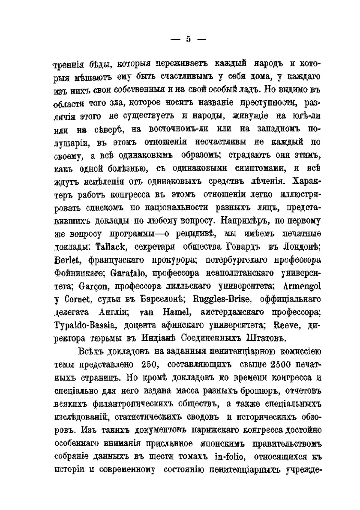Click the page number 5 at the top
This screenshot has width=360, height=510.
point(187,39)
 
